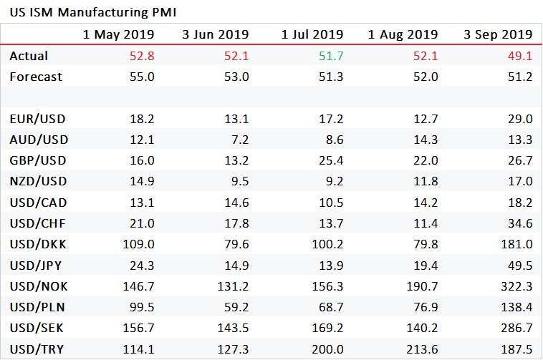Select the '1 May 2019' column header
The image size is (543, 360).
coord(119,34)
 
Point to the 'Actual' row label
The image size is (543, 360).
coord(29,56)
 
